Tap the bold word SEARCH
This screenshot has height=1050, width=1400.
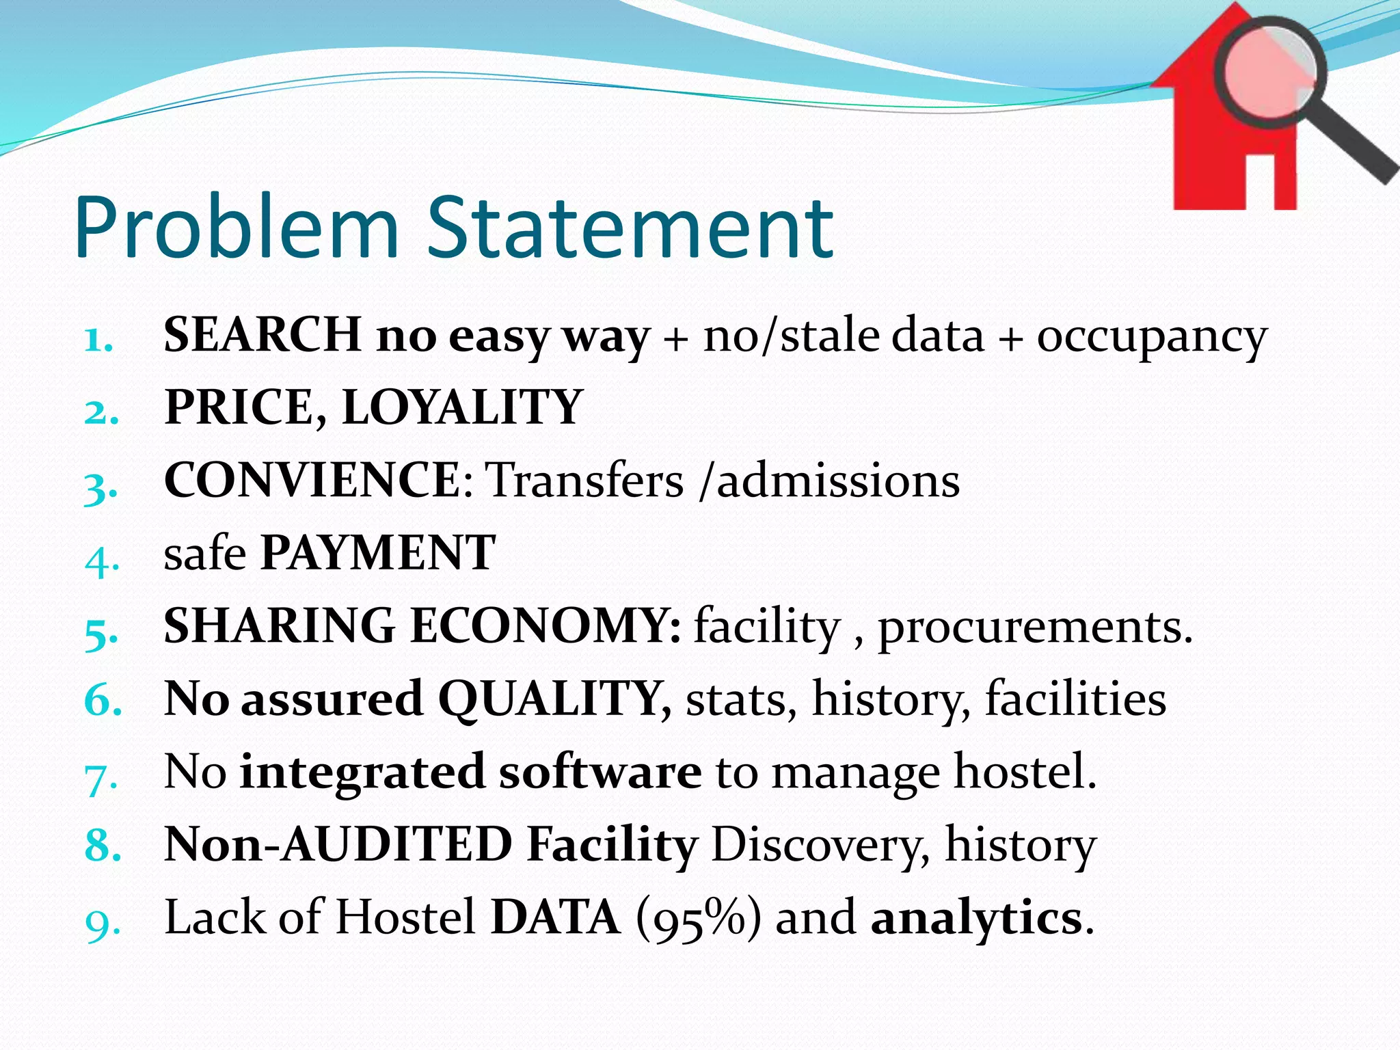262,335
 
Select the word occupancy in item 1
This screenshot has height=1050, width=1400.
1152,336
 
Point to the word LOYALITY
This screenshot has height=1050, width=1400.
462,407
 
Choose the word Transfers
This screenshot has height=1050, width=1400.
584,480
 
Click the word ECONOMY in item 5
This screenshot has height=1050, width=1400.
545,625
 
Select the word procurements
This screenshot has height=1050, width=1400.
1034,627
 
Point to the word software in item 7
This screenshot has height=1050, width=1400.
600,772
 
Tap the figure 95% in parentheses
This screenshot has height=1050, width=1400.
698,917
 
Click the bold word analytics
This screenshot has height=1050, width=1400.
977,917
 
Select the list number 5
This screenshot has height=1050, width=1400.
101,634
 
